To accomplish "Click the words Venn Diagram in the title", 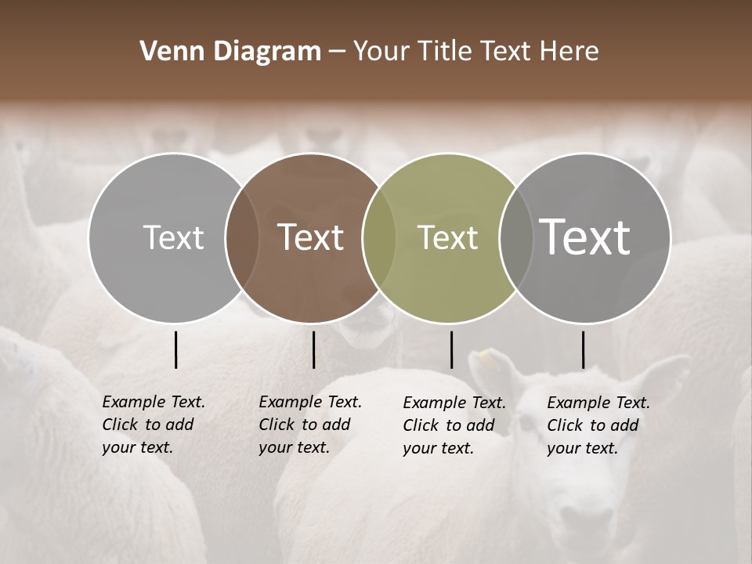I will (230, 52).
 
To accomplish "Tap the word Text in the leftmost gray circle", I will (173, 237).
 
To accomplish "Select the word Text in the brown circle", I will (311, 237).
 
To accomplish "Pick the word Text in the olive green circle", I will (447, 237).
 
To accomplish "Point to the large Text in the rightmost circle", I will (585, 237).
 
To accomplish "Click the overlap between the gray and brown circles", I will (242, 237).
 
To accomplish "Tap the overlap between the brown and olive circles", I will (379, 237).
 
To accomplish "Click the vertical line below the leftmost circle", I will (176, 349).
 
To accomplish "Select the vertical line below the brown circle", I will (313, 349).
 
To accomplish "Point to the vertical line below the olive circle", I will (451, 349).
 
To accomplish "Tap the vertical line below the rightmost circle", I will (583, 349).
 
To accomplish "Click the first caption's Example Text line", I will (154, 402).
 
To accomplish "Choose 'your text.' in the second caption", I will (294, 447).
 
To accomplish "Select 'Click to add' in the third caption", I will (449, 425).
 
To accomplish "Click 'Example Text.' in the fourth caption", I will (598, 403).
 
